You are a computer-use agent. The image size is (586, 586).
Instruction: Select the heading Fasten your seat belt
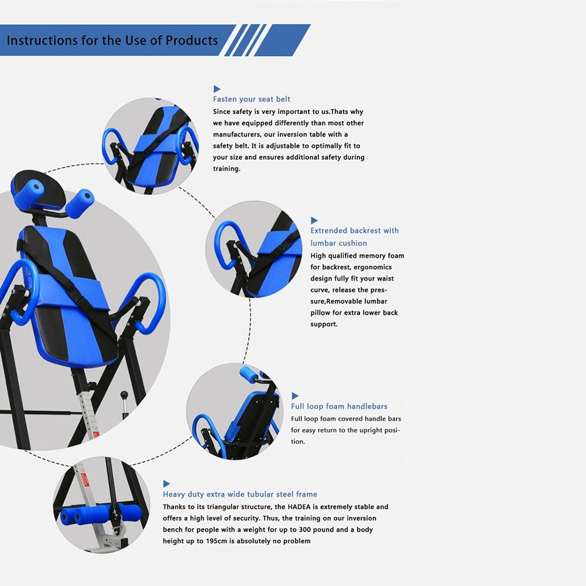[x=252, y=99]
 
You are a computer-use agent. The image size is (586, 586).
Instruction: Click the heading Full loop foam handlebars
[x=339, y=406]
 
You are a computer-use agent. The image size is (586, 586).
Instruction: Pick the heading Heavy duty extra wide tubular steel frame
[x=240, y=494]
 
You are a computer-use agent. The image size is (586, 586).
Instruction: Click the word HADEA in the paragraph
[x=299, y=507]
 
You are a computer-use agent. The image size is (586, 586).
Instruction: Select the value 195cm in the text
[x=217, y=541]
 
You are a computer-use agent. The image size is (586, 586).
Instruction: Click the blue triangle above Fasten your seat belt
[x=217, y=89]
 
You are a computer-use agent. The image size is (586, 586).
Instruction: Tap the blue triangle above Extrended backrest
[x=314, y=220]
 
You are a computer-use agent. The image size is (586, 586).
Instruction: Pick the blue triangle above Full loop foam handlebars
[x=295, y=396]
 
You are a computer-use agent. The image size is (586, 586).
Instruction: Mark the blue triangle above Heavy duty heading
[x=166, y=484]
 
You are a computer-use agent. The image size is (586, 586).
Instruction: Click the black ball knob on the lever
[x=124, y=395]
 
